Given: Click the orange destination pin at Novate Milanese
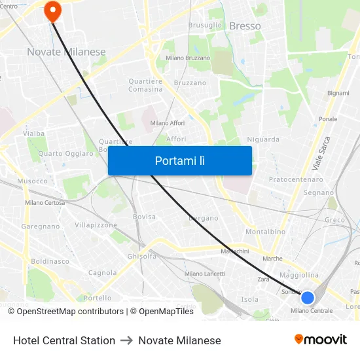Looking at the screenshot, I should [x=52, y=9].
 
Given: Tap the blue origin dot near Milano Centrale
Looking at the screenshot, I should [x=307, y=298].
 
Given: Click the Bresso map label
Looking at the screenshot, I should [x=245, y=26].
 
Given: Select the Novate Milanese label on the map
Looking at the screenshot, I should [x=66, y=52].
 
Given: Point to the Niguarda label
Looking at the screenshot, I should [x=263, y=139].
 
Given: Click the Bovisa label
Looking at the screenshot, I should [x=144, y=217].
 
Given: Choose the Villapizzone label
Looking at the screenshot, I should [x=96, y=225].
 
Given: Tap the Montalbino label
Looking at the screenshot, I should [x=265, y=232].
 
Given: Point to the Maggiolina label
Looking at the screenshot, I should [x=298, y=275].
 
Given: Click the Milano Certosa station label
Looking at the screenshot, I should [x=45, y=203].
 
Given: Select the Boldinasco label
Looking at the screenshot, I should [x=50, y=261].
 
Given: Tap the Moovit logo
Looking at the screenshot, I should [x=321, y=339].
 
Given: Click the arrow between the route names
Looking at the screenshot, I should [x=126, y=340].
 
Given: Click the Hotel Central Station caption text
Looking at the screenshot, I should [x=64, y=340].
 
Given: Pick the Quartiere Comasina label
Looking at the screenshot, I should [x=145, y=85].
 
